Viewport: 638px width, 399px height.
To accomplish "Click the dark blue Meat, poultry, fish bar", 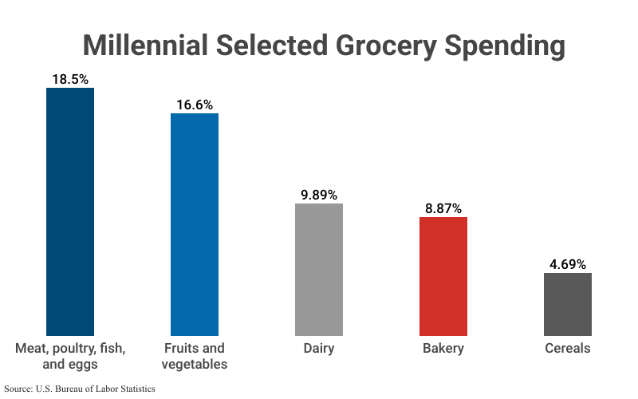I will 70,211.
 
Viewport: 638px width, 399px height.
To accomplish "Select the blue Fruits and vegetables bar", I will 195,224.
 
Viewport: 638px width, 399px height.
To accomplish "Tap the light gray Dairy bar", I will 319,270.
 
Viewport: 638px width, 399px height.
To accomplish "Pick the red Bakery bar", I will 443,276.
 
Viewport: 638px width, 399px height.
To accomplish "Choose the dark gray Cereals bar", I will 568,304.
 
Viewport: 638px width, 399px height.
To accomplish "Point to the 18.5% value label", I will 70,79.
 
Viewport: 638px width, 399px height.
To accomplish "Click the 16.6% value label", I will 195,105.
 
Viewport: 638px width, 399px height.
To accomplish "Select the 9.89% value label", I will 319,195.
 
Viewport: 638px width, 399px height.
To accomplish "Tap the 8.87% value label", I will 443,208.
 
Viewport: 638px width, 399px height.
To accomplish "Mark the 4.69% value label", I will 568,264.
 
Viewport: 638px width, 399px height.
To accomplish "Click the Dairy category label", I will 319,349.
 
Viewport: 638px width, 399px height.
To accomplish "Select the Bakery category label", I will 443,349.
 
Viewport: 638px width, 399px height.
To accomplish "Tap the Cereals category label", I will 568,349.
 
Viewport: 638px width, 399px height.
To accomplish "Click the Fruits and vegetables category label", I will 195,357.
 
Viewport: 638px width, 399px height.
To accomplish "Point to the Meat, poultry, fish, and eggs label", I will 70,357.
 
